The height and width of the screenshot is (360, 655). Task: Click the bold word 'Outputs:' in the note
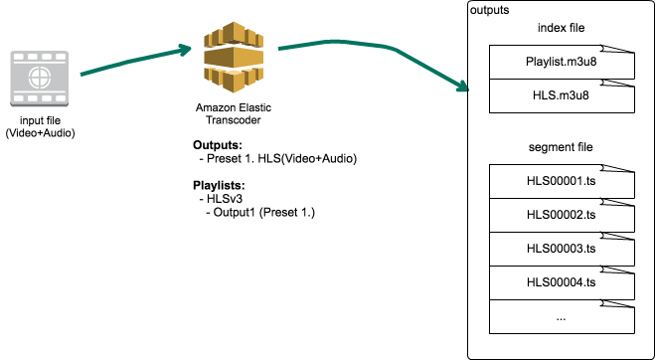tap(218, 145)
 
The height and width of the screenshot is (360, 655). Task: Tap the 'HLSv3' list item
tap(224, 199)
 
